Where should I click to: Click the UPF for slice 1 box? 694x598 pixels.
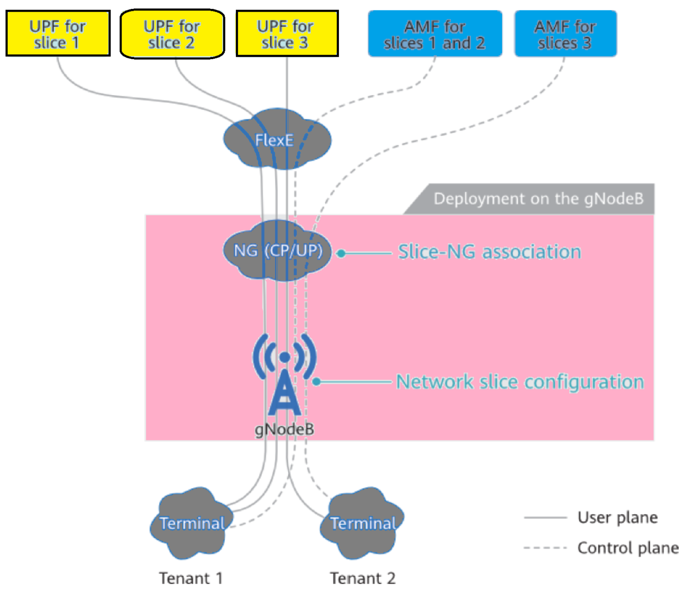(x=58, y=34)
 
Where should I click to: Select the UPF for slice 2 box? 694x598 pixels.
(x=172, y=34)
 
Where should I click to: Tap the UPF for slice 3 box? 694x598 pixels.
(x=287, y=34)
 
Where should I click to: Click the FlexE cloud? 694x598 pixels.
(x=277, y=140)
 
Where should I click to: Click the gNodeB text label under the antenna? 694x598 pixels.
(x=284, y=429)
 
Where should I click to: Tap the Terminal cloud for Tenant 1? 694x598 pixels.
(x=192, y=524)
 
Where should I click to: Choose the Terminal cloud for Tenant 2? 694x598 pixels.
(x=362, y=524)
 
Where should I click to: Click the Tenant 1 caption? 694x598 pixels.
(x=191, y=578)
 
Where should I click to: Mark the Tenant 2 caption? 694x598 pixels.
(x=362, y=578)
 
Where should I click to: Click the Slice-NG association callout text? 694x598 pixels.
(x=489, y=252)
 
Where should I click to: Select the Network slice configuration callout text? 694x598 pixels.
(x=520, y=382)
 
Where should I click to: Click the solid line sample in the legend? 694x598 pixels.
(x=545, y=518)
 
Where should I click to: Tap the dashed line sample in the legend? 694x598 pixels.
(x=545, y=548)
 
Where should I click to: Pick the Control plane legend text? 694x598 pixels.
(x=628, y=548)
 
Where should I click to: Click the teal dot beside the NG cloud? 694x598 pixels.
(x=342, y=254)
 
